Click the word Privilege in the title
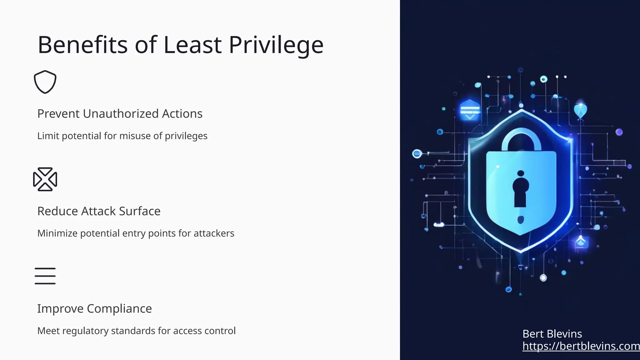tap(276, 45)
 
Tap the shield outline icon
tap(45, 82)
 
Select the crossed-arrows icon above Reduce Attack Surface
tap(45, 179)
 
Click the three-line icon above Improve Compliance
tap(45, 276)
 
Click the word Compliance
tap(119, 309)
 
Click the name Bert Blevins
tap(552, 334)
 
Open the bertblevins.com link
tap(581, 346)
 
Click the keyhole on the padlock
tap(520, 191)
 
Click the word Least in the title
tap(192, 45)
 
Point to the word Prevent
tap(58, 114)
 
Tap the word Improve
tap(60, 309)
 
